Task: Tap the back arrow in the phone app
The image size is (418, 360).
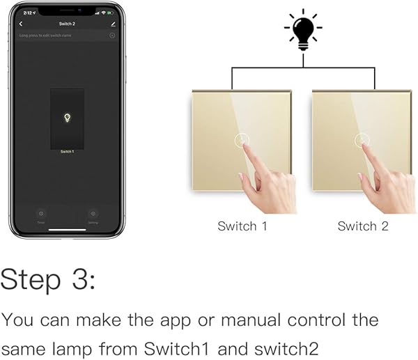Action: [21, 24]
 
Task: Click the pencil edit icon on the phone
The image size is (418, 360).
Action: [113, 24]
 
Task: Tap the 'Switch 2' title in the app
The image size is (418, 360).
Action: [67, 24]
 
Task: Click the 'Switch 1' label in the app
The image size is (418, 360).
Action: [67, 151]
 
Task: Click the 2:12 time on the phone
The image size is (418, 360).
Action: [27, 13]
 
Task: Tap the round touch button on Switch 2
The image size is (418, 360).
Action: [362, 140]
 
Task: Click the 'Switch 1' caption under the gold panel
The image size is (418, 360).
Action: [242, 226]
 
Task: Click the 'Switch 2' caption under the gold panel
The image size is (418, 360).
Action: [362, 226]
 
